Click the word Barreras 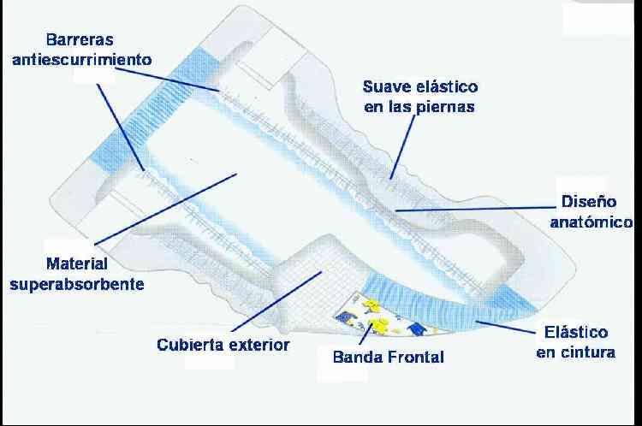tap(80, 39)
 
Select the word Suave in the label tap(384, 87)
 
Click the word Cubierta tap(193, 345)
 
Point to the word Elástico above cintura tap(576, 332)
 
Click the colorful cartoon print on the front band tap(381, 320)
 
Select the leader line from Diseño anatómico tap(471, 208)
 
